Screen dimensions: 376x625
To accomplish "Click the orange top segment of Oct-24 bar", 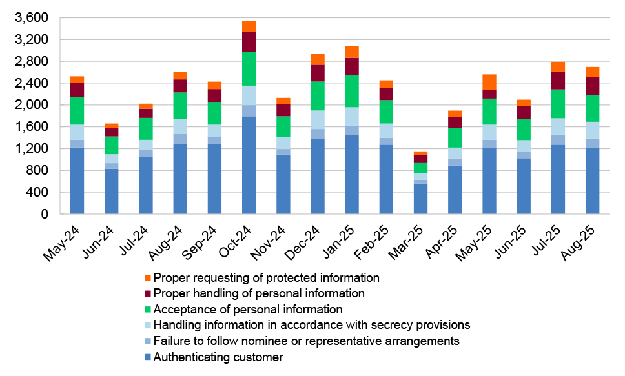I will click(x=249, y=26).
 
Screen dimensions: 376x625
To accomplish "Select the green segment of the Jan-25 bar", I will click(x=352, y=91).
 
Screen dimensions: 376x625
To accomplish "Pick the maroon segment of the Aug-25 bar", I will click(x=592, y=86).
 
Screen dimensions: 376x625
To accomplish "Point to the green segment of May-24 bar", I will click(x=77, y=110).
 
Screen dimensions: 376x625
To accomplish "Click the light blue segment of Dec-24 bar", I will click(x=318, y=119).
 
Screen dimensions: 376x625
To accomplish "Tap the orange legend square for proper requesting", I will click(x=148, y=278).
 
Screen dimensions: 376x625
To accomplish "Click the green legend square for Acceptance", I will click(x=148, y=310).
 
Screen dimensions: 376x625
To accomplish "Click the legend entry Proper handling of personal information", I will click(x=259, y=293).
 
